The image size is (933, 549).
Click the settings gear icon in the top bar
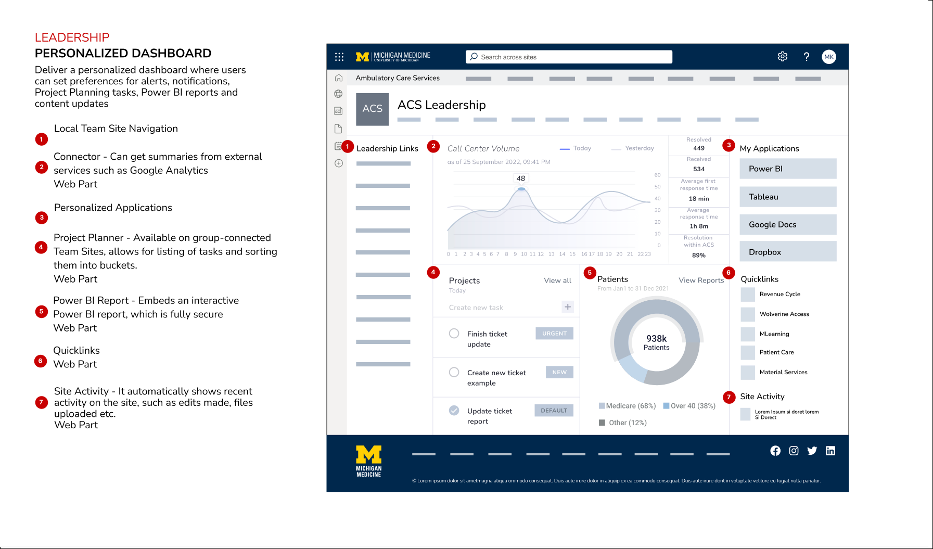point(782,57)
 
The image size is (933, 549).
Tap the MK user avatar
point(829,57)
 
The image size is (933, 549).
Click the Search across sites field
point(569,57)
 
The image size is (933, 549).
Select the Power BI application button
point(788,169)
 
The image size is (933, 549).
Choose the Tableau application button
point(788,197)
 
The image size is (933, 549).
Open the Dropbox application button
point(788,252)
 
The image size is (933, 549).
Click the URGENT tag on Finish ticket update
point(554,334)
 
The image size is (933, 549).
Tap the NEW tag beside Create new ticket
point(559,372)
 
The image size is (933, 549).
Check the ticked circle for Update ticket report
point(454,411)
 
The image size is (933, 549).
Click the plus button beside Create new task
point(568,307)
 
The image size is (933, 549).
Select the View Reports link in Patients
point(701,280)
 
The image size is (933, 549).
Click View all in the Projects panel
point(557,280)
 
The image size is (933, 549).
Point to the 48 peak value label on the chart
point(521,178)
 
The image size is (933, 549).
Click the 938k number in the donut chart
point(656,339)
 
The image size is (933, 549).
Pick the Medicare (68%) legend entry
point(628,406)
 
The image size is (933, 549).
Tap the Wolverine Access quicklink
point(784,314)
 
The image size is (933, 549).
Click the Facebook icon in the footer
point(775,451)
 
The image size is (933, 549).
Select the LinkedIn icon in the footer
point(830,451)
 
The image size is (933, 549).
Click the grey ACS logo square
point(372,109)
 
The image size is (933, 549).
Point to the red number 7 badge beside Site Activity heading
point(728,397)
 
